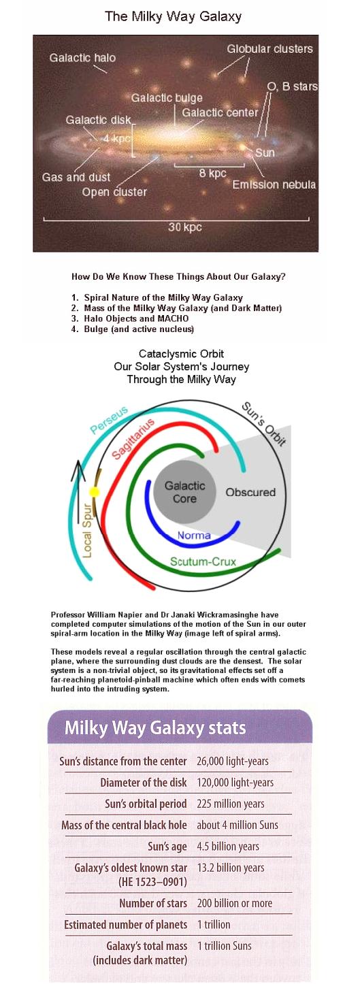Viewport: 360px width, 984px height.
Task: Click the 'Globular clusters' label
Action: (x=269, y=49)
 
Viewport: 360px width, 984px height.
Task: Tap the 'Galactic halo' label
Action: (x=82, y=58)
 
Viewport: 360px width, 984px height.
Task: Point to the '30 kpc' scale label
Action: (x=184, y=227)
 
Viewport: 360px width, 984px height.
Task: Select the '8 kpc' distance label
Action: (x=212, y=173)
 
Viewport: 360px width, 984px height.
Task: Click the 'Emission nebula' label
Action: (x=274, y=184)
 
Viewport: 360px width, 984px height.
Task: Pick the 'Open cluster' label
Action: (x=114, y=192)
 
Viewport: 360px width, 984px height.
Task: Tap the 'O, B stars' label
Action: (x=293, y=86)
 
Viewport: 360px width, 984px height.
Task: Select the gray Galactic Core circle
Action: (x=184, y=491)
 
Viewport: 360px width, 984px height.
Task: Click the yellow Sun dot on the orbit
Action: (x=95, y=491)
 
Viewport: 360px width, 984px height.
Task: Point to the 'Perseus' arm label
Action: (x=109, y=420)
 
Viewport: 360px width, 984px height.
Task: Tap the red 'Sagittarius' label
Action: (x=133, y=439)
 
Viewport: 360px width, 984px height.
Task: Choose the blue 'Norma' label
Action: (x=194, y=535)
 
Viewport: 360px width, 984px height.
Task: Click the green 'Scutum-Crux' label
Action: (x=203, y=561)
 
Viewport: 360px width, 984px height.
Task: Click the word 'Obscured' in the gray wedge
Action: (x=250, y=492)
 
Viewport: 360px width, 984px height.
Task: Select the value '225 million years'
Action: (x=231, y=804)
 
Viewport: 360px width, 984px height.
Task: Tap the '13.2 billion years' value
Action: (x=231, y=868)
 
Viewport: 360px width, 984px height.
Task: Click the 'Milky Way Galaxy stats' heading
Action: (x=155, y=728)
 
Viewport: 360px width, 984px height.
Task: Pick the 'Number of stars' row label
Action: (x=153, y=903)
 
